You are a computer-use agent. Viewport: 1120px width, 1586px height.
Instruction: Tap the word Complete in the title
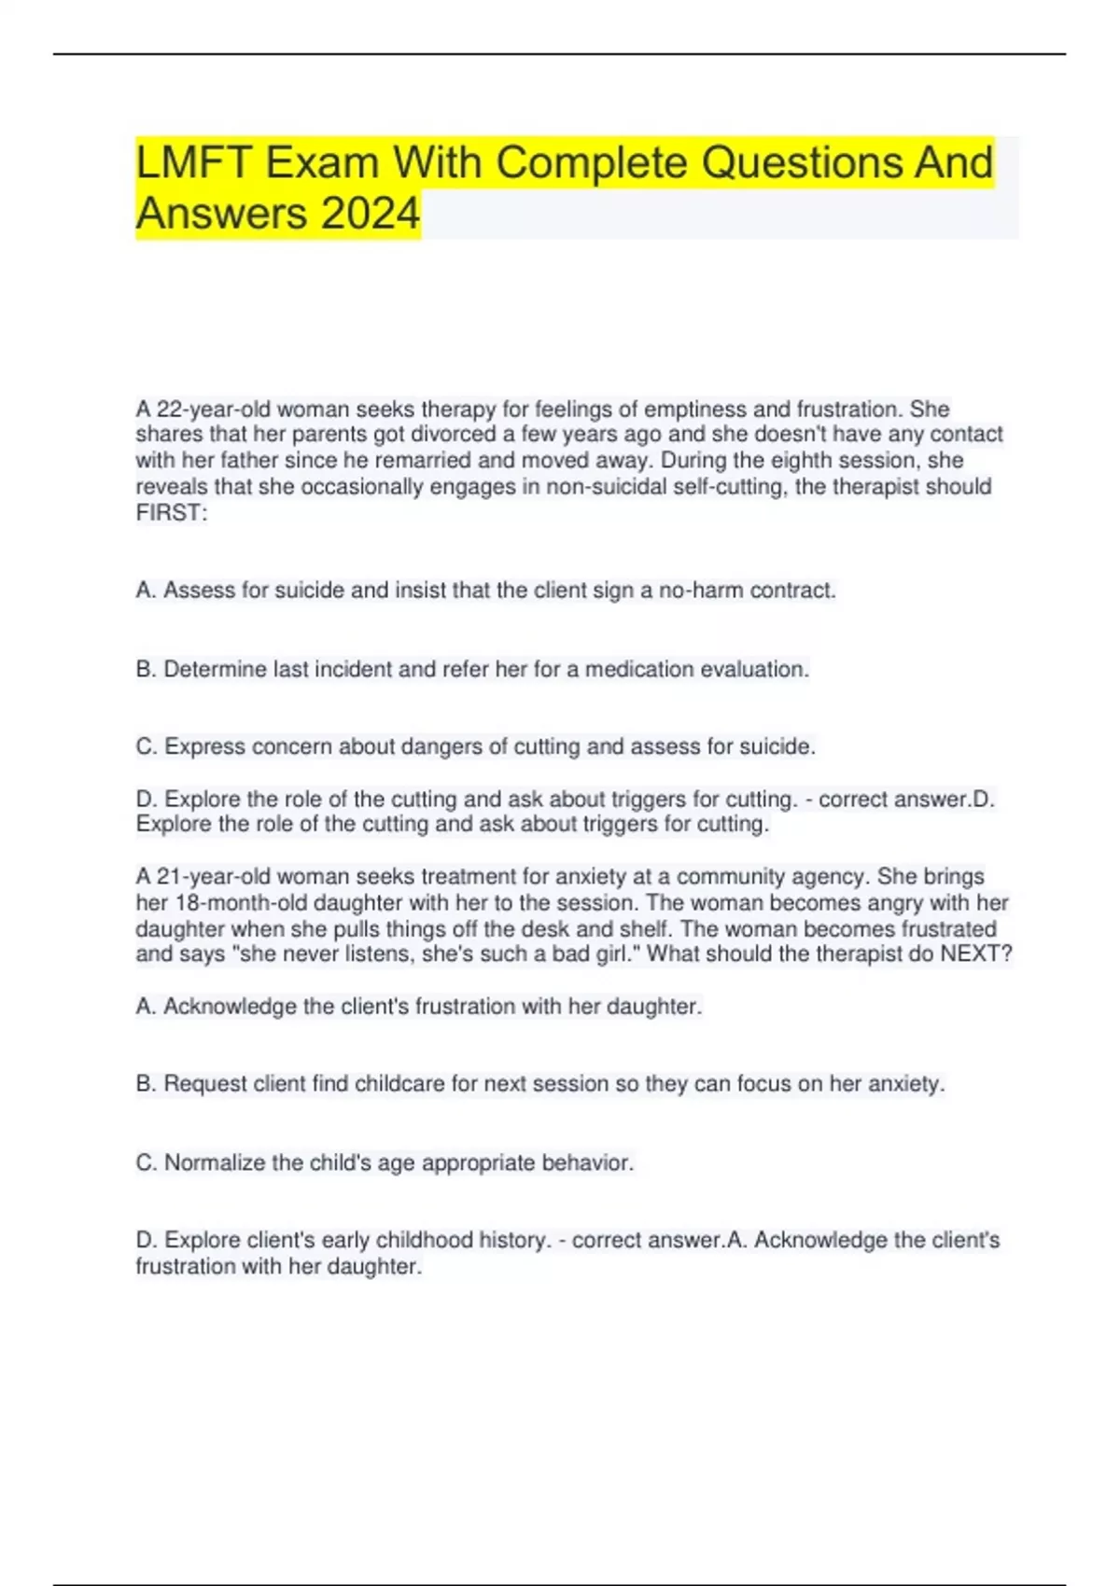coord(592,163)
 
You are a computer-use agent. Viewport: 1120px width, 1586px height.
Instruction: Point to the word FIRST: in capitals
coord(172,512)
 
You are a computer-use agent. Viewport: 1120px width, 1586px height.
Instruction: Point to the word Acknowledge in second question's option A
coord(230,1006)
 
